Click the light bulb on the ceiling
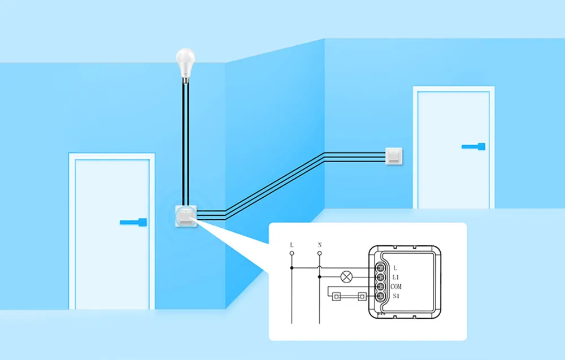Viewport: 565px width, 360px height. click(185, 61)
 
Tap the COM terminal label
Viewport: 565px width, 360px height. click(396, 287)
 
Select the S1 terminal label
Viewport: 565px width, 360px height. click(396, 296)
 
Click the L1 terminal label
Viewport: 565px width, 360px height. click(395, 277)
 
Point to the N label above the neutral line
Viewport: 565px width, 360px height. click(320, 245)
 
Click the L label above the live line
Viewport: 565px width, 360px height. click(292, 245)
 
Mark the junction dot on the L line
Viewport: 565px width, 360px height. click(292, 267)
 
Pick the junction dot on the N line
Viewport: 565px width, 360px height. click(320, 277)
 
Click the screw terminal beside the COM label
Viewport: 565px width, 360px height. click(380, 287)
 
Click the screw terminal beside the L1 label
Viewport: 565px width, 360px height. click(380, 277)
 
